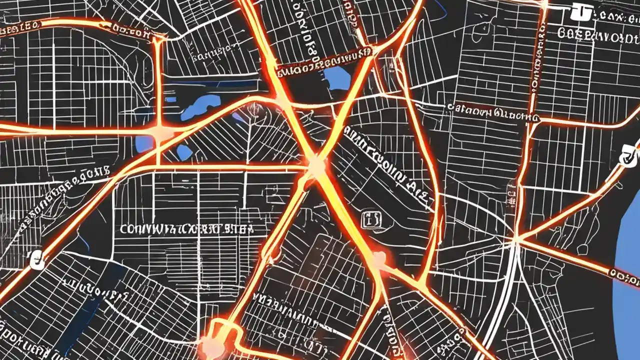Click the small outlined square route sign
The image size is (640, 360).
coord(370,218)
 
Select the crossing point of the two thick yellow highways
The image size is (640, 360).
coord(316,165)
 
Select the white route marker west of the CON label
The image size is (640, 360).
coord(36,259)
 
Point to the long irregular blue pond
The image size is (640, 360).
coord(200,106)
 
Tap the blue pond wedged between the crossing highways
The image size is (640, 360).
coord(336,77)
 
